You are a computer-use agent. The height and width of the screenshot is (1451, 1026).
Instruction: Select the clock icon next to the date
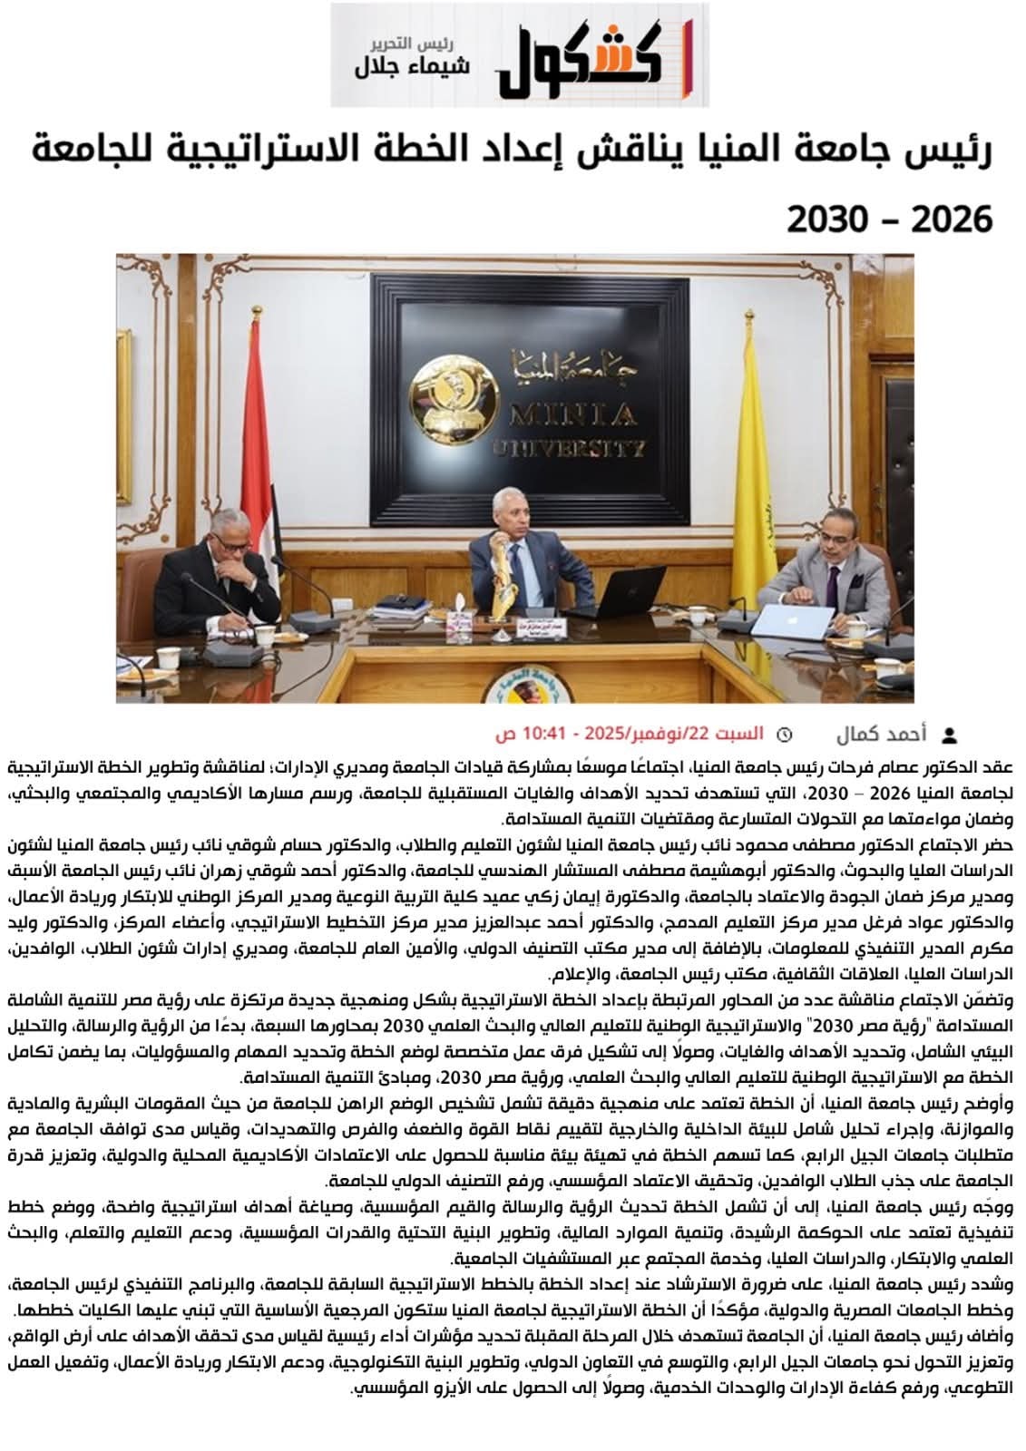(786, 733)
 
